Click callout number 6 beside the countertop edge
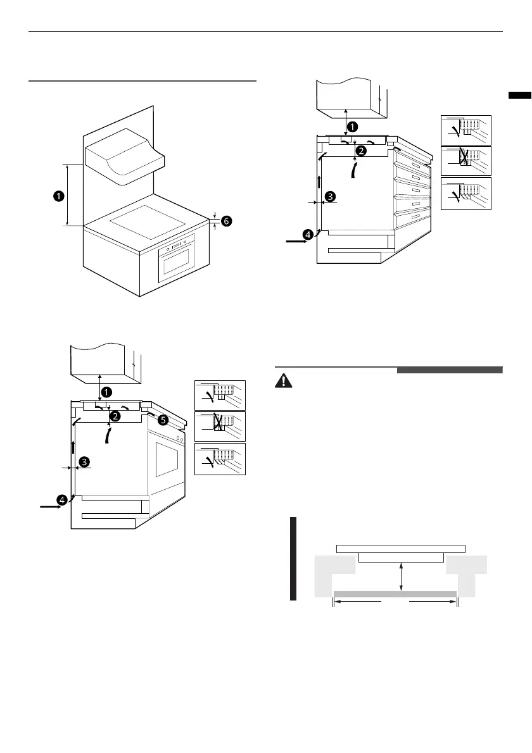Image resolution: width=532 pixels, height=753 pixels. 226,221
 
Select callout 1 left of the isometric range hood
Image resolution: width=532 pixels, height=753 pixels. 59,196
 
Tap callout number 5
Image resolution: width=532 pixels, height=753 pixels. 163,420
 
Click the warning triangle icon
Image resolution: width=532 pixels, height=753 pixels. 284,381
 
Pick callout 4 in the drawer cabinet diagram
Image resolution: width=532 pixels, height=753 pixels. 308,234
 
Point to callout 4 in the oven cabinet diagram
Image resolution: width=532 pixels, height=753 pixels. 62,501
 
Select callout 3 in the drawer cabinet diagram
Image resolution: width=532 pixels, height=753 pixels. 330,196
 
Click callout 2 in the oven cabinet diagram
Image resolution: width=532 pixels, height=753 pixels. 115,416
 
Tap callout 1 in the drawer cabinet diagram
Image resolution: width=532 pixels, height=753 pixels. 352,127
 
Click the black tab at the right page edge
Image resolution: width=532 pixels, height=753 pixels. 520,95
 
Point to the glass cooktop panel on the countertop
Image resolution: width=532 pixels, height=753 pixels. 148,222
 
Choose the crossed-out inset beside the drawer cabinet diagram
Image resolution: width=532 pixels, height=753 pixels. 466,161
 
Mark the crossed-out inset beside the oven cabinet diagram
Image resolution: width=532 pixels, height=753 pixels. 220,426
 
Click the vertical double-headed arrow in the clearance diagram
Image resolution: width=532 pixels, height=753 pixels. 402,577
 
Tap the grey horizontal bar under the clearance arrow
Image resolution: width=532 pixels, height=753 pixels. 395,594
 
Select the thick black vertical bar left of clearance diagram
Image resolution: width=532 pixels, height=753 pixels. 293,559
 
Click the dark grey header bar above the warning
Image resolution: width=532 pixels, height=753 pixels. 450,370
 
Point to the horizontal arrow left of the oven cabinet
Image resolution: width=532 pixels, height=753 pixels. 51,506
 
